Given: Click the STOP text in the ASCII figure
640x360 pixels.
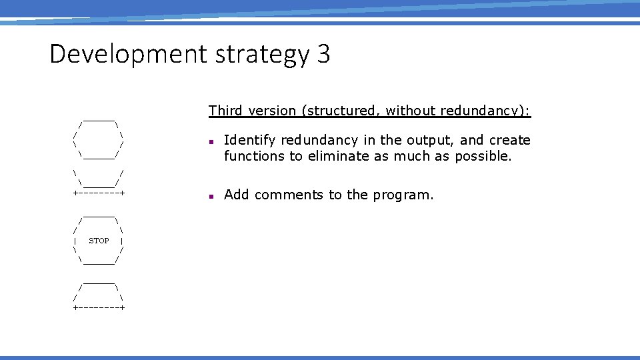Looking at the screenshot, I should [x=99, y=241].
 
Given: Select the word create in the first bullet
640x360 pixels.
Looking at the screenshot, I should [x=510, y=140].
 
